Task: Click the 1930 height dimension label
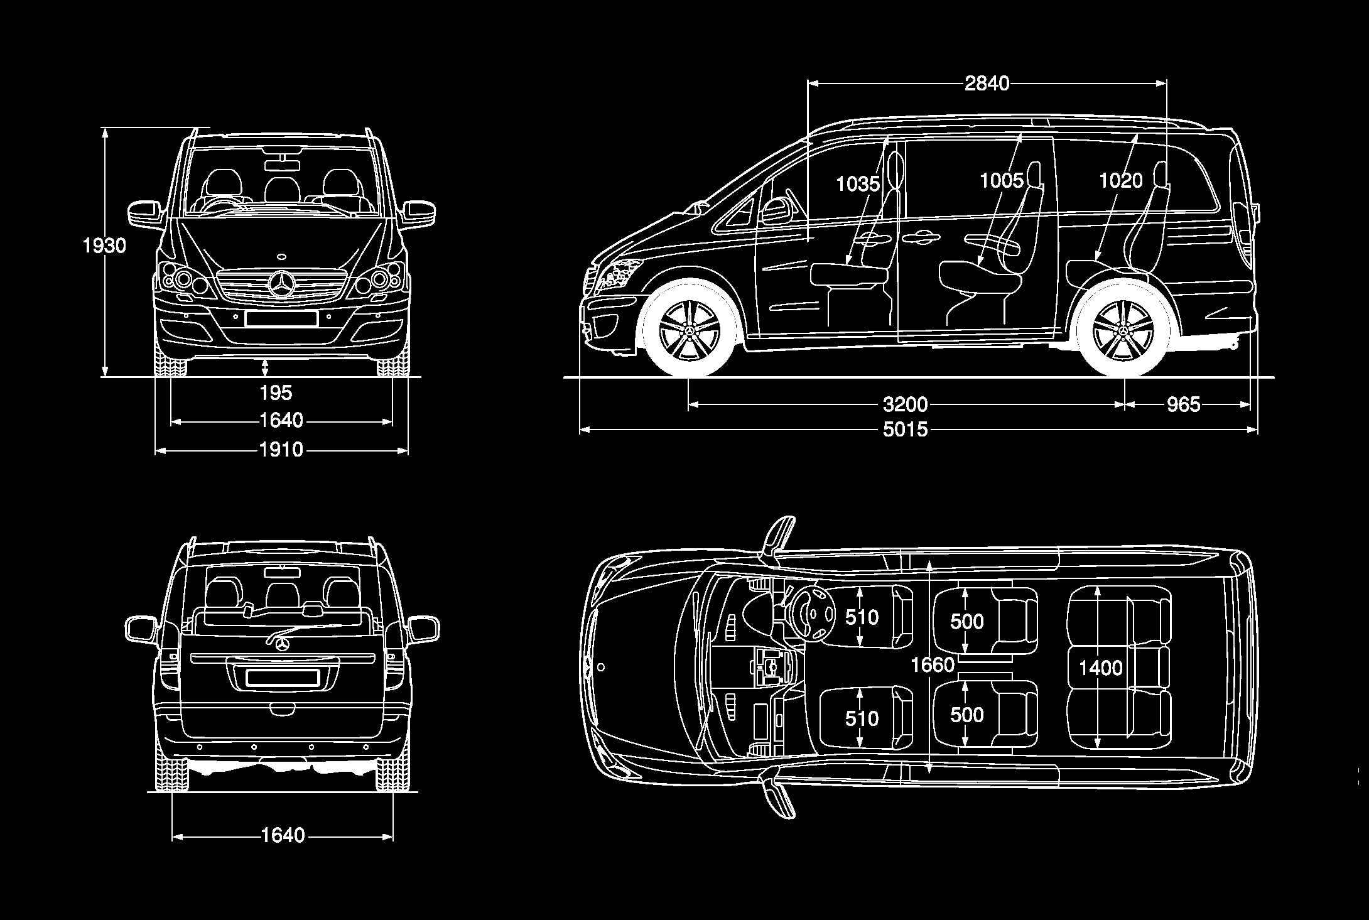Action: pos(105,246)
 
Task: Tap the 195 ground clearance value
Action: pos(276,393)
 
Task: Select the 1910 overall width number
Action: pos(281,450)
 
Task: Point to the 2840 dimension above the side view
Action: pos(987,84)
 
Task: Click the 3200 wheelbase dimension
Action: pos(905,404)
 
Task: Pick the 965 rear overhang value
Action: pos(1183,404)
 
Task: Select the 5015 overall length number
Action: pos(905,430)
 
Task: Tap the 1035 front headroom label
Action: pos(858,183)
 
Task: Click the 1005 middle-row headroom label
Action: pos(1002,181)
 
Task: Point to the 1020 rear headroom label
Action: pos(1120,181)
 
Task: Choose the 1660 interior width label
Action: pos(933,664)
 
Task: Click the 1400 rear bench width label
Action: pos(1100,668)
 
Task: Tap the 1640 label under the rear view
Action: pos(282,835)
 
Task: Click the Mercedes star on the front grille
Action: pos(281,284)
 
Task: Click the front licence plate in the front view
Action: pos(281,319)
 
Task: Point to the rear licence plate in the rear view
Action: pos(282,678)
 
